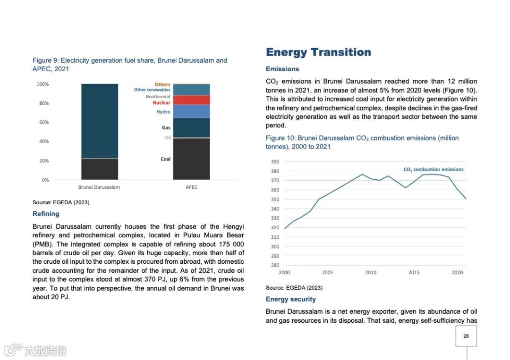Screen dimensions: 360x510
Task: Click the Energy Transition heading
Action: (318, 52)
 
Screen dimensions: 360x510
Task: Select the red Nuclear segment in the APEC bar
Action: (191, 100)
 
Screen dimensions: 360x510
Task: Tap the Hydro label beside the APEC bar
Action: (163, 112)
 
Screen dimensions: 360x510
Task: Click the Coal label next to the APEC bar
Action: (165, 159)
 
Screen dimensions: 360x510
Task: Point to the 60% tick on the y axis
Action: (42, 122)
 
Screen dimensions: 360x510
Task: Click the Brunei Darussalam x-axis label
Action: (100, 187)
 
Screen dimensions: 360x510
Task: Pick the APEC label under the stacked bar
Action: (191, 187)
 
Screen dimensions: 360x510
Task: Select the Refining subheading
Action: (46, 214)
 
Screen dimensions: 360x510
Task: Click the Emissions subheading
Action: (282, 69)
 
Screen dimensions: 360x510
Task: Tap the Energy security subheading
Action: (290, 299)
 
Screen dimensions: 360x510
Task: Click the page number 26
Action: (466, 336)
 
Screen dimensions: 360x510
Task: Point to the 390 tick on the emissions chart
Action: (275, 161)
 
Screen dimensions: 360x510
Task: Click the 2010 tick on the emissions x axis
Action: (371, 272)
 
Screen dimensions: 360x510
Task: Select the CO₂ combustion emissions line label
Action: (433, 169)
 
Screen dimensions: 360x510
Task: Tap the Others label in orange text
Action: (162, 84)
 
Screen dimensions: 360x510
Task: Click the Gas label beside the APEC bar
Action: (166, 127)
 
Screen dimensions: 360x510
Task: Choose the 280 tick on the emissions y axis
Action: (275, 265)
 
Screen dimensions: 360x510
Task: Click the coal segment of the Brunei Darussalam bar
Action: (100, 169)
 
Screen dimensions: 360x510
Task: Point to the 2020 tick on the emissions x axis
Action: (457, 272)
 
